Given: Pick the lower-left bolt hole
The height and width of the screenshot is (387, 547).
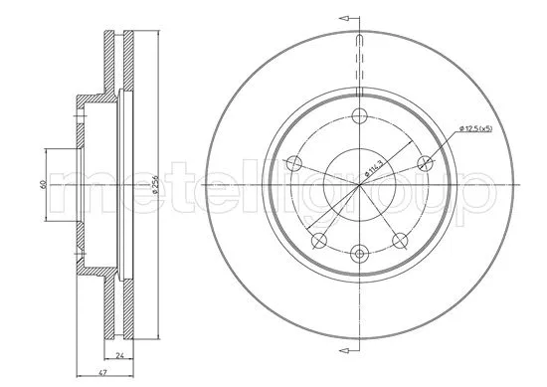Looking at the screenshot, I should (317, 240).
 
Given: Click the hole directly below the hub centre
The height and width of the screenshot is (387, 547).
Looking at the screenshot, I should (356, 252).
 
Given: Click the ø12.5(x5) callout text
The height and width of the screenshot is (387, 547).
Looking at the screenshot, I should (476, 128).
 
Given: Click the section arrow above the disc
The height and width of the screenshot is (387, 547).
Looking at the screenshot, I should (347, 17).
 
